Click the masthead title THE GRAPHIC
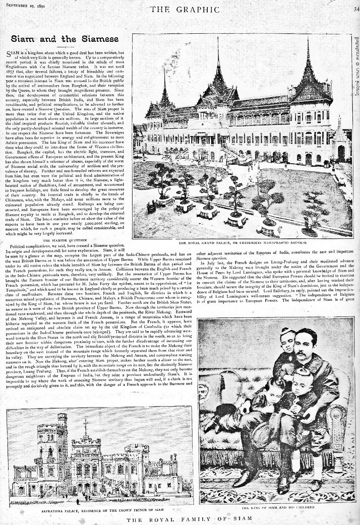click(x=179, y=9)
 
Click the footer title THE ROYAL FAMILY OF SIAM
click(x=180, y=519)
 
